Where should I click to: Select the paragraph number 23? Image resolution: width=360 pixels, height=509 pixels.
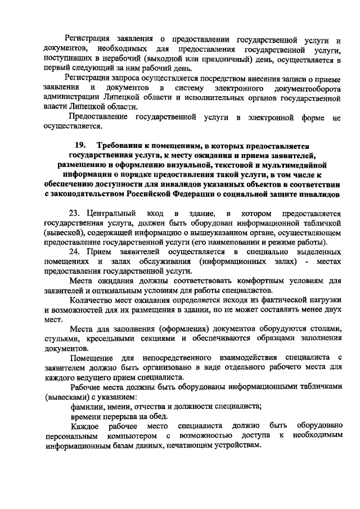coord(74,214)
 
